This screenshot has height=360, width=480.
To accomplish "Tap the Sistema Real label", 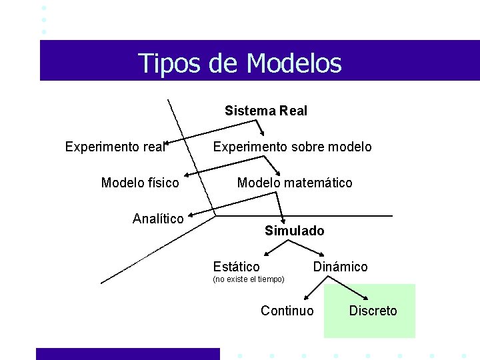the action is point(266,111).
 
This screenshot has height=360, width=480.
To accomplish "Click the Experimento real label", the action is point(115,147).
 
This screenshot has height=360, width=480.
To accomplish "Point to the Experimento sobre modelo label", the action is point(292,147).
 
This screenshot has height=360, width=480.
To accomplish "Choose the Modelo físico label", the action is point(140,183).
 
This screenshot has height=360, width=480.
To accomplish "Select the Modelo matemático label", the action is point(295,183).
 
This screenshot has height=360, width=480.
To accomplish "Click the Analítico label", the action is point(158,219).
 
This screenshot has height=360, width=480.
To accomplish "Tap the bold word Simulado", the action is point(294,231).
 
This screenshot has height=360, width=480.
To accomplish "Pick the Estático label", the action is point(236,267).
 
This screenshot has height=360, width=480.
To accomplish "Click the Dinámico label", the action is point(340,267).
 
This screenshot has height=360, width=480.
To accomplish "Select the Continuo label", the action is point(287,311).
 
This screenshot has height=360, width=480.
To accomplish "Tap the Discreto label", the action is point(373,311).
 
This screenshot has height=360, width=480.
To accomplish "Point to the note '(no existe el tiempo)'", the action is point(248,279).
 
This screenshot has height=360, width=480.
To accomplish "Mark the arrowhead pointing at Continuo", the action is point(305,298).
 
